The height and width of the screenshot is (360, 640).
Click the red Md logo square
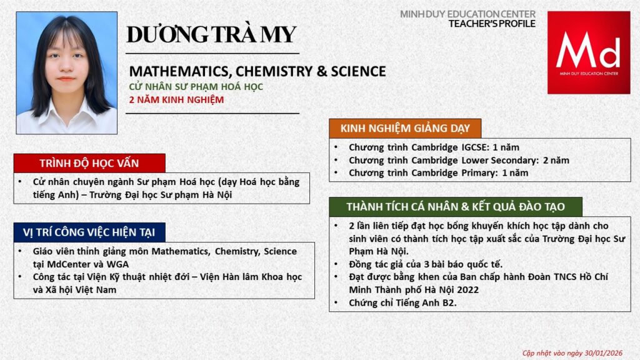click(x=588, y=52)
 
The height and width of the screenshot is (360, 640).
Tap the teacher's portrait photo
click(x=66, y=72)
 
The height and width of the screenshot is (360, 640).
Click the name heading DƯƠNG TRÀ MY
click(x=211, y=34)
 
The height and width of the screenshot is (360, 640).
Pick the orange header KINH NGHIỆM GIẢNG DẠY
click(x=405, y=128)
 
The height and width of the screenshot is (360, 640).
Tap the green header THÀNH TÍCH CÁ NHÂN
click(x=456, y=207)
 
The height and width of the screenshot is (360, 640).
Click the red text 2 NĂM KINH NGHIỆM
click(x=176, y=99)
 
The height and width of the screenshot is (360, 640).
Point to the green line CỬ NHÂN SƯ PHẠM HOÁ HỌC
click(x=196, y=87)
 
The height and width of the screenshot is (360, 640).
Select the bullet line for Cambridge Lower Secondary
click(x=459, y=160)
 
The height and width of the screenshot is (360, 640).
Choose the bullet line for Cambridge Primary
click(x=438, y=172)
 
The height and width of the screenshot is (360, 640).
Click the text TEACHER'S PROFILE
click(x=492, y=24)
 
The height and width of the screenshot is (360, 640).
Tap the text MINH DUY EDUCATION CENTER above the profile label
click(x=467, y=14)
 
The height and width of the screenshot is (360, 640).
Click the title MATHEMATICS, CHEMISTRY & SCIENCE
click(x=257, y=71)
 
